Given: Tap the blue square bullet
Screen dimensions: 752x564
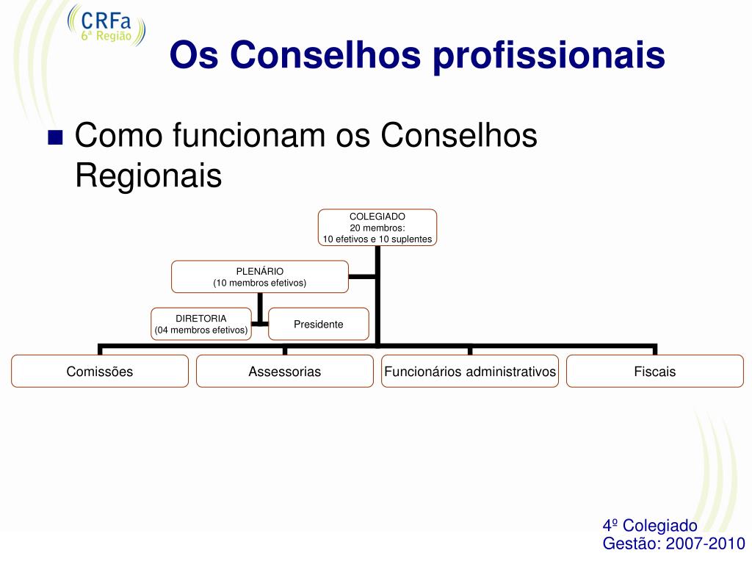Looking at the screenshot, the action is tap(55, 137).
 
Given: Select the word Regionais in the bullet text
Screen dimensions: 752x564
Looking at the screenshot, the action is tap(148, 176).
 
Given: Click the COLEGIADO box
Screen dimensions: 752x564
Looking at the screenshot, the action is tap(377, 228).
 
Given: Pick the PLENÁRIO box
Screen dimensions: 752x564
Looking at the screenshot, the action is tap(259, 277).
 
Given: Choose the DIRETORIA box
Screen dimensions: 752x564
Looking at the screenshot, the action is tap(201, 324).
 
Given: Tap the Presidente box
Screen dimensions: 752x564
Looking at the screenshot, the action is tap(318, 324).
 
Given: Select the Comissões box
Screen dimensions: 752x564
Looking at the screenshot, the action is tap(100, 371).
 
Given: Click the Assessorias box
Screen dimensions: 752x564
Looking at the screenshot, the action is tap(285, 371).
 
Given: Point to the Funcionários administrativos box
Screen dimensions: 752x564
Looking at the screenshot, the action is tap(470, 371).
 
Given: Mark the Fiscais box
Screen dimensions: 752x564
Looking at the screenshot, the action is tap(655, 371).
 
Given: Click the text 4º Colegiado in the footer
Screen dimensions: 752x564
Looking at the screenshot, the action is tap(649, 526).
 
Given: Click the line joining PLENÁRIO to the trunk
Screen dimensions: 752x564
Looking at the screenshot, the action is tap(362, 277).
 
